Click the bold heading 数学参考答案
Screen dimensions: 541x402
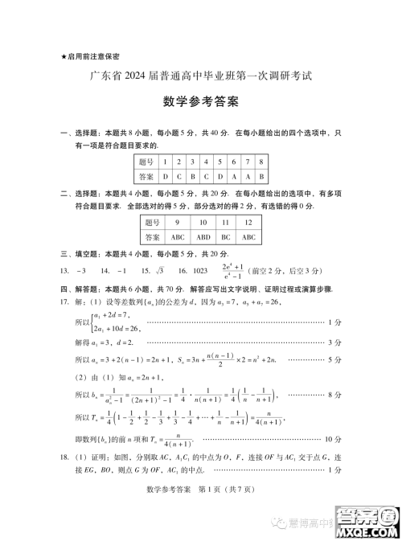(x=200, y=103)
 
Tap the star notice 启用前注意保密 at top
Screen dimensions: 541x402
(x=89, y=56)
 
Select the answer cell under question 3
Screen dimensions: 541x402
(x=193, y=176)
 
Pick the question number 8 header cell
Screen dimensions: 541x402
(x=262, y=162)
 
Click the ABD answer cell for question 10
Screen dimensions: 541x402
(x=203, y=237)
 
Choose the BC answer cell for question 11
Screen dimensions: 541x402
(x=226, y=237)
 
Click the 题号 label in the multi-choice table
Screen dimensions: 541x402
(x=154, y=223)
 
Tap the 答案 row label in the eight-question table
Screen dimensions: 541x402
(x=146, y=176)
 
